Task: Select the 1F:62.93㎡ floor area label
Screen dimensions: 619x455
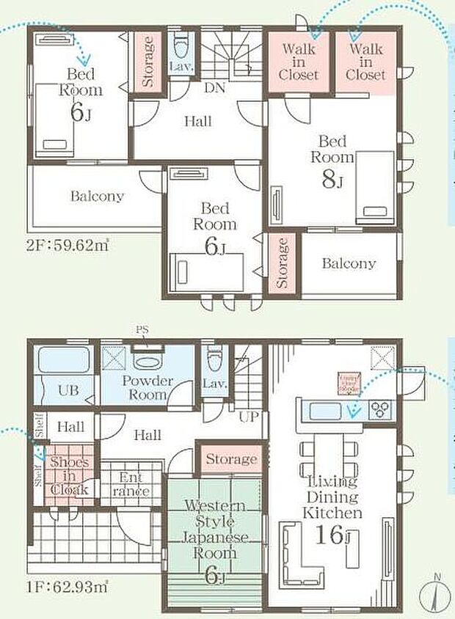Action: point(68,586)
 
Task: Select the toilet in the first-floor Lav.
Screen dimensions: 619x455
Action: point(214,360)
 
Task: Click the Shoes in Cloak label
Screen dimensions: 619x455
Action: point(70,476)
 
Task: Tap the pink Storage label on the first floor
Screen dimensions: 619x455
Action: point(231,460)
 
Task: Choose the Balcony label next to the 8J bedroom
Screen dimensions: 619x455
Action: point(349,263)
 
